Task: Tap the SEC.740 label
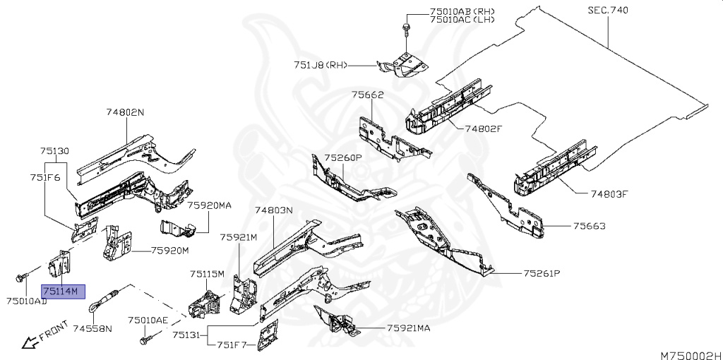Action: [x=607, y=10]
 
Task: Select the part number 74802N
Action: [x=125, y=112]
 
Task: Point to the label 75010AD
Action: [x=27, y=302]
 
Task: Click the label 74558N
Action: [x=92, y=329]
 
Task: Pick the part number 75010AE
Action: [x=148, y=320]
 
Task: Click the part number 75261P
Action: [x=541, y=273]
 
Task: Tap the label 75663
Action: [x=589, y=227]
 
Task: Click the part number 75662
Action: [x=367, y=94]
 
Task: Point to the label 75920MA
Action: [x=210, y=205]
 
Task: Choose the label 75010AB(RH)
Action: [x=462, y=11]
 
